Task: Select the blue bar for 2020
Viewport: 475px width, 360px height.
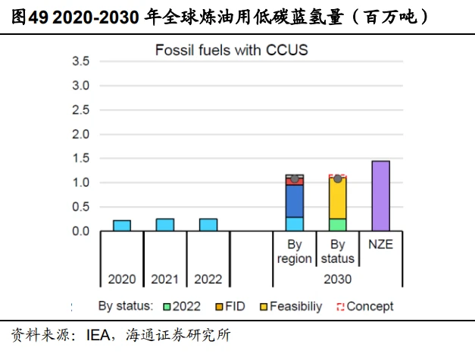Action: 122,226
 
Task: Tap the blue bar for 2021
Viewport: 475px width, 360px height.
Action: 165,225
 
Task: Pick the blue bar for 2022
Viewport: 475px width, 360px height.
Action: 208,225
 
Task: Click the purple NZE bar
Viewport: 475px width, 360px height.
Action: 380,196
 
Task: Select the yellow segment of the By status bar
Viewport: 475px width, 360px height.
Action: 338,199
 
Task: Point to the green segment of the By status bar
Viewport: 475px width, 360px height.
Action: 338,225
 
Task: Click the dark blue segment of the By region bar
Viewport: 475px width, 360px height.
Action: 295,201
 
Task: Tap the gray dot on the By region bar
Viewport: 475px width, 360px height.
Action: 295,179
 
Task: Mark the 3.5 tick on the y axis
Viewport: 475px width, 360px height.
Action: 80,61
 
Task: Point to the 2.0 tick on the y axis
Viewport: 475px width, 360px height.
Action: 80,134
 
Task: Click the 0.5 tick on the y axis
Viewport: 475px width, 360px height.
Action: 80,207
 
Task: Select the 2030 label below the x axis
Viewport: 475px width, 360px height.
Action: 337,279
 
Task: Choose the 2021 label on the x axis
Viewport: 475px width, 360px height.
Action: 165,279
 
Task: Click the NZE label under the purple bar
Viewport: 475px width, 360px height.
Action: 380,245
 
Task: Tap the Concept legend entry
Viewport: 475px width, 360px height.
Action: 364,307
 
